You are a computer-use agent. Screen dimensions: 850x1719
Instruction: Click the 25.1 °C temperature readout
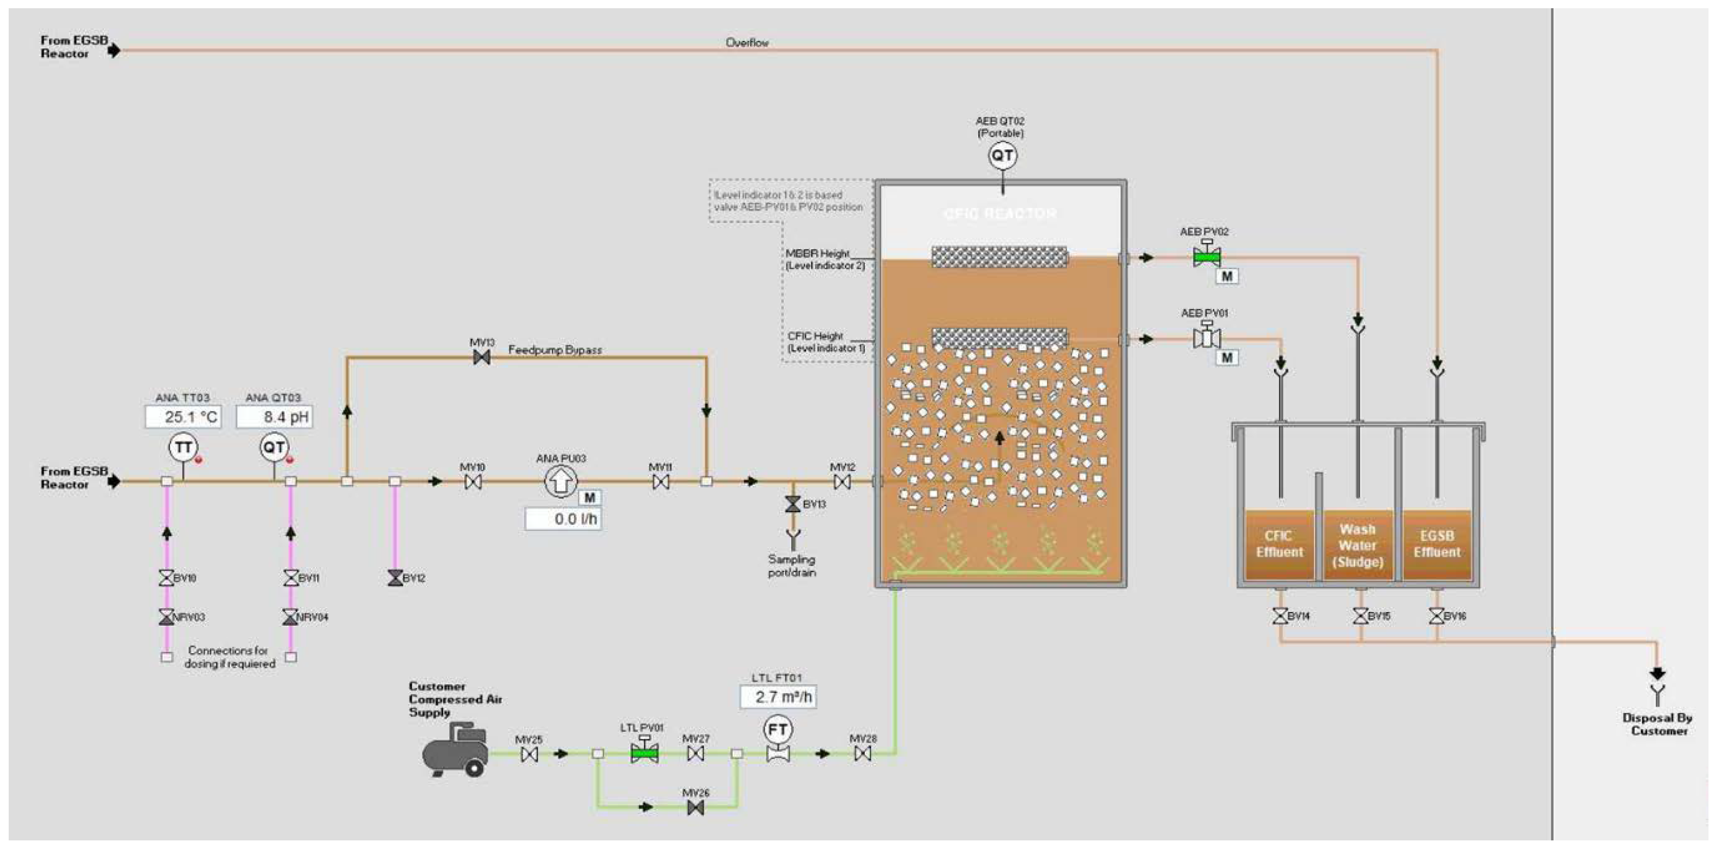[x=183, y=417]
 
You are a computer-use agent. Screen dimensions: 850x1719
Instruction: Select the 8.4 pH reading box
[x=274, y=417]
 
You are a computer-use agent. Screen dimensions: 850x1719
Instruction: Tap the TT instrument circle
[x=183, y=448]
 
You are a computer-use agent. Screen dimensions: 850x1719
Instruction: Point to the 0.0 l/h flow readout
[x=563, y=519]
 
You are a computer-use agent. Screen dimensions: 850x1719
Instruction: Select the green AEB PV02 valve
[x=1206, y=256]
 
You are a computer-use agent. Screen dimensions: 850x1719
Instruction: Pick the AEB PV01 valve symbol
[x=1206, y=338]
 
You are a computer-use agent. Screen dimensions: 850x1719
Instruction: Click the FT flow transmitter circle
[x=777, y=730]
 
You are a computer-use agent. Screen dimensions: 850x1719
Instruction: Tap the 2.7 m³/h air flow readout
[x=778, y=697]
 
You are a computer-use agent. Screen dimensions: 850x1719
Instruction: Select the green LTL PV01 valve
[x=645, y=753]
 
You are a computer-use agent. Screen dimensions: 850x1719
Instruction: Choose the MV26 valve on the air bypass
[x=695, y=808]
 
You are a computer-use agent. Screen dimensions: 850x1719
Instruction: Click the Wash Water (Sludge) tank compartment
[x=1357, y=545]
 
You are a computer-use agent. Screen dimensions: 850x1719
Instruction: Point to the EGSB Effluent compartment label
[x=1436, y=544]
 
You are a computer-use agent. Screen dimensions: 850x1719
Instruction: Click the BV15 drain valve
[x=1361, y=616]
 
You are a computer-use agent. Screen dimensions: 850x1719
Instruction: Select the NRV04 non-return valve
[x=290, y=617]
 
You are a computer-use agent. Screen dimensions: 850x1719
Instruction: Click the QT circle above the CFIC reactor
[x=1002, y=156]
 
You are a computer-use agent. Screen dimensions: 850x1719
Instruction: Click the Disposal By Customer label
[x=1658, y=725]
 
